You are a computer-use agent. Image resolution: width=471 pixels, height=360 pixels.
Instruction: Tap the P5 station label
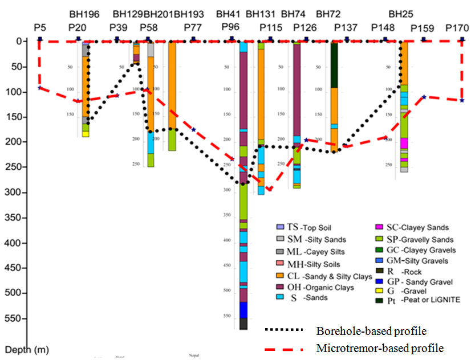point(39,27)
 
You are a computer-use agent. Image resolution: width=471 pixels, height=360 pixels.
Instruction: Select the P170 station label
point(457,27)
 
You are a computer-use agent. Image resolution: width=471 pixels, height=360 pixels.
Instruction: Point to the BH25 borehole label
point(400,14)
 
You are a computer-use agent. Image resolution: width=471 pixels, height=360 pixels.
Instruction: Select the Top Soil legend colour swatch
point(279,227)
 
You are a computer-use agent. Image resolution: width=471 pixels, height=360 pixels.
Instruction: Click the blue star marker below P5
point(39,87)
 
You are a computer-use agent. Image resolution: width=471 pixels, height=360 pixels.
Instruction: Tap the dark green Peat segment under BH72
point(334,65)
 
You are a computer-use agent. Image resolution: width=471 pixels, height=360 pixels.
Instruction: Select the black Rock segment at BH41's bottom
point(243,324)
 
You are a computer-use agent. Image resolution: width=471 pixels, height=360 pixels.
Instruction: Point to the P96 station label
point(230,27)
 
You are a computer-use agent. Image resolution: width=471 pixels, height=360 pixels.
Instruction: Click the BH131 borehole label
point(259,14)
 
